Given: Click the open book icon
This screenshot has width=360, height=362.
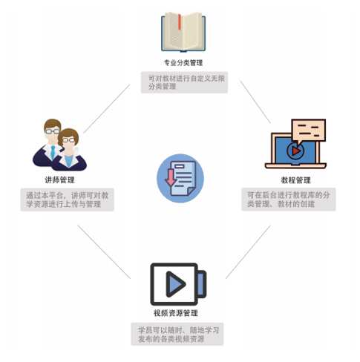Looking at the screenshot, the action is (x=183, y=32).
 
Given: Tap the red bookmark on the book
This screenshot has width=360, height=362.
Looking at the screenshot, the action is (x=180, y=22).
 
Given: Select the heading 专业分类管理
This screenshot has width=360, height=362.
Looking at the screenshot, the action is (x=183, y=63).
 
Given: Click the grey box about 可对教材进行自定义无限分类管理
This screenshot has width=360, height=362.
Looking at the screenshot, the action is (x=184, y=82).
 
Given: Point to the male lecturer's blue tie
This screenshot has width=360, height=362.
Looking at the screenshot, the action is (x=53, y=152).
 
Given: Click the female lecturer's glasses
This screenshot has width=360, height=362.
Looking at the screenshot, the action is (x=68, y=140).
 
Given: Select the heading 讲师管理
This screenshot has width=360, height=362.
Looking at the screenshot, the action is (x=59, y=180).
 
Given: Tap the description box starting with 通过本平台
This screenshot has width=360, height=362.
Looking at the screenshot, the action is (x=67, y=200).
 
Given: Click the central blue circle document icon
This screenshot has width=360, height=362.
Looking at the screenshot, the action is (x=180, y=178).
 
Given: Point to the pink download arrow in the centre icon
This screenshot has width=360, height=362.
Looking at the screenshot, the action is (x=171, y=178).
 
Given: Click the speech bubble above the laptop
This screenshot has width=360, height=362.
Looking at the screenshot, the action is (x=308, y=132).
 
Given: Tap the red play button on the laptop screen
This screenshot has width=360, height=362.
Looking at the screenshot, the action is (x=295, y=151).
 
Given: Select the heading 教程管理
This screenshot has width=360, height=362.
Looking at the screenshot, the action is (x=295, y=180).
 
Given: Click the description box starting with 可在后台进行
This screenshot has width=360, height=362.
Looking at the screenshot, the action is (x=289, y=200).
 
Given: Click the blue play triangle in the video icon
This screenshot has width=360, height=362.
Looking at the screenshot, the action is (x=175, y=284).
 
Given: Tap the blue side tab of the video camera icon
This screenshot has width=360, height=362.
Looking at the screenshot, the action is (x=202, y=284).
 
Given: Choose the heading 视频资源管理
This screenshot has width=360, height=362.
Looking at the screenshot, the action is (x=176, y=313).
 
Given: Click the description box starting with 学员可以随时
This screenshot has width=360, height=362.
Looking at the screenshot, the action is (x=177, y=334).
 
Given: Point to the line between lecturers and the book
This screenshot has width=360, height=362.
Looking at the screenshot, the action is (x=107, y=108).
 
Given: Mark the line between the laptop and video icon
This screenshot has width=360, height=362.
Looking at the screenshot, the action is (x=248, y=252).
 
